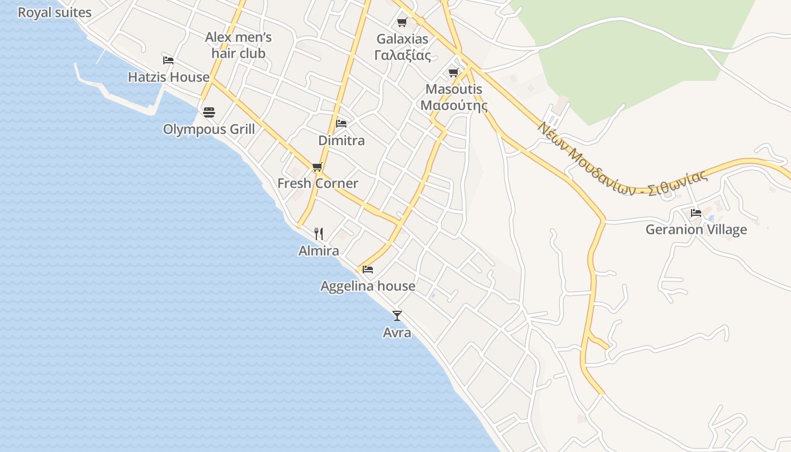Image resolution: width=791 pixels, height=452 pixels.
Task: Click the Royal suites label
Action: coord(54,12)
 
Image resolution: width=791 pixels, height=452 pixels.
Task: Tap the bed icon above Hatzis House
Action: coord(168,60)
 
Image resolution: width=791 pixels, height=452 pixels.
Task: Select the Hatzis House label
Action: coord(168,77)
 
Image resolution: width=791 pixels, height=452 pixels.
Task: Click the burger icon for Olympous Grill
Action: coord(209,112)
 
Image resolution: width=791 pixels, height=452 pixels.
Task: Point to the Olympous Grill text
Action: coord(209,129)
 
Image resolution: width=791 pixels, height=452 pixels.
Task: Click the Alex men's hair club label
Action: coord(238,45)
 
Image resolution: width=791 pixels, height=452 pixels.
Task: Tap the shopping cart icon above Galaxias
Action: coord(402,23)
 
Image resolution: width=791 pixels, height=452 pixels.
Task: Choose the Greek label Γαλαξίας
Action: coord(402,55)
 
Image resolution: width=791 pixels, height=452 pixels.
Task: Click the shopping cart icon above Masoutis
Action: coord(453,72)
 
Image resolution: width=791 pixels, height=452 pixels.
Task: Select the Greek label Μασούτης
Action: coord(454,105)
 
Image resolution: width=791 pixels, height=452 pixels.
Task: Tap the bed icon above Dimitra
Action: coord(341,123)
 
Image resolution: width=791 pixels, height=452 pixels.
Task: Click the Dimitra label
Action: coord(341,140)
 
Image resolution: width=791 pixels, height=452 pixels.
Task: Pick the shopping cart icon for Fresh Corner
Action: coord(317,167)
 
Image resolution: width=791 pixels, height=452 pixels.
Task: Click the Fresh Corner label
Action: coord(318,183)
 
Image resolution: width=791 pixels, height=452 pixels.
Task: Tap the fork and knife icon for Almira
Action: coord(319,233)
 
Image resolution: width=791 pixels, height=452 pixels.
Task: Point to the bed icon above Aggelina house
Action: coord(368,270)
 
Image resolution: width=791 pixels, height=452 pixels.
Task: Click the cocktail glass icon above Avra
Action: coord(397,315)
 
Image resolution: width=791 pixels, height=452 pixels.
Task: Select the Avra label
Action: coord(397,333)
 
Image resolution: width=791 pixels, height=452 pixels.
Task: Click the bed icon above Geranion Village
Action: coord(696,213)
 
